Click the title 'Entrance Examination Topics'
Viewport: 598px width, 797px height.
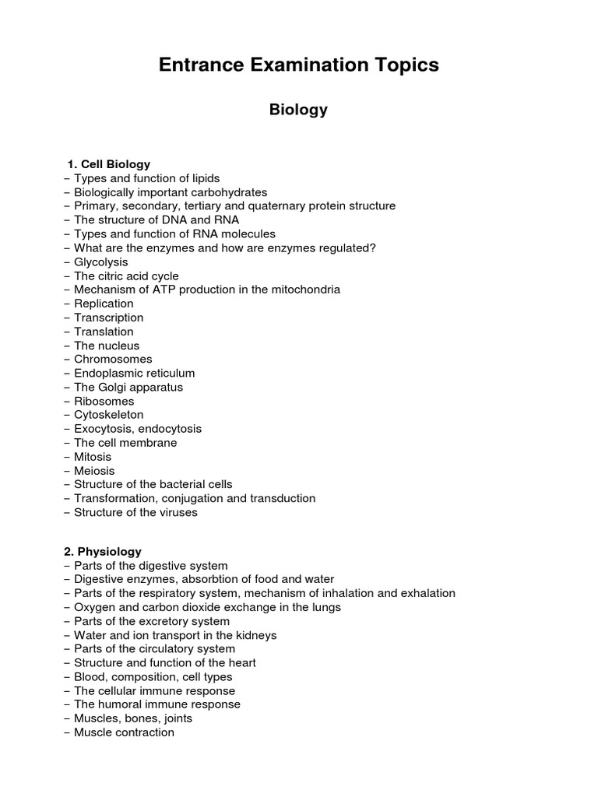[298, 65]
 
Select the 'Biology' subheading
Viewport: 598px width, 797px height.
[298, 110]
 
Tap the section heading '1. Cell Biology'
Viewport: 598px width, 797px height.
[109, 164]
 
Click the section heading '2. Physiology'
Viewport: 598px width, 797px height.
[103, 551]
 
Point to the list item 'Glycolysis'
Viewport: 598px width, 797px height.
[100, 262]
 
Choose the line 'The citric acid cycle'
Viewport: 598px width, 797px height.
[125, 276]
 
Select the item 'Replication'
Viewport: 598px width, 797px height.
[104, 304]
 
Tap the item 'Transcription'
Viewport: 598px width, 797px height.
[108, 318]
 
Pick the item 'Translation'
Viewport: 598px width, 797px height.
[104, 332]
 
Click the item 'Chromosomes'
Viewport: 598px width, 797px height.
[113, 359]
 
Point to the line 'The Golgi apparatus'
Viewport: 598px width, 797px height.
[128, 387]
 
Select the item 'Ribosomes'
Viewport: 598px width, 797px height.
[104, 401]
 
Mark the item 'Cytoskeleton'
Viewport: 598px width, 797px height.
[108, 415]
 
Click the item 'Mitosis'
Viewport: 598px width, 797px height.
[92, 457]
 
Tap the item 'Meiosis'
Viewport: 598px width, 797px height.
[93, 471]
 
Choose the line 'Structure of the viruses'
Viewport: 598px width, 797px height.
[135, 512]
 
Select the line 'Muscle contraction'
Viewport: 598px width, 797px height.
[124, 732]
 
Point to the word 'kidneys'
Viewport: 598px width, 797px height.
[255, 635]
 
